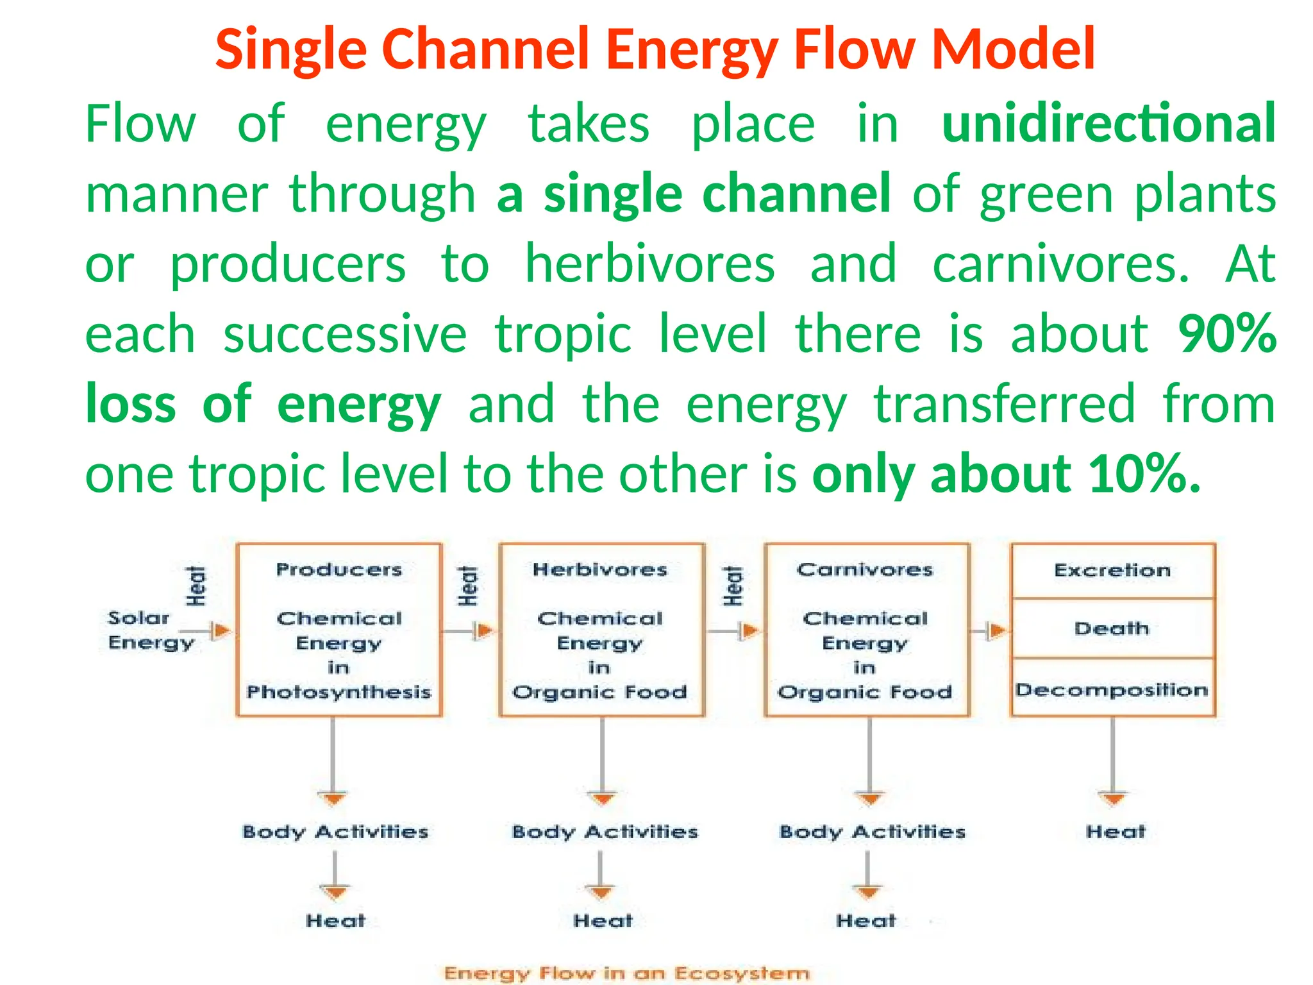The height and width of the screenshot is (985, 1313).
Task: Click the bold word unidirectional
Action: click(1108, 123)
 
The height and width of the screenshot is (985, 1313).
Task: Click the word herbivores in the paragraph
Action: click(649, 264)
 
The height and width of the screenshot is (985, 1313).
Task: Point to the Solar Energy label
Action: click(150, 630)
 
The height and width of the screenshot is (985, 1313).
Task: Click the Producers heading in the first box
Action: click(339, 569)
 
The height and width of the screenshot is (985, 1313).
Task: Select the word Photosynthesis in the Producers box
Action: click(339, 692)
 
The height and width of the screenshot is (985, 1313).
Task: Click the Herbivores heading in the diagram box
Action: click(600, 569)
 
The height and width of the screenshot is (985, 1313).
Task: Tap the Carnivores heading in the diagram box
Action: click(865, 569)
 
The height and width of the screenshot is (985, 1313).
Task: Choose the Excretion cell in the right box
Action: click(1112, 570)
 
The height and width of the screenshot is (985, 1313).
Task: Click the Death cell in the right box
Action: click(1112, 628)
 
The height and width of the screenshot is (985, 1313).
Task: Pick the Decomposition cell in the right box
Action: click(1112, 690)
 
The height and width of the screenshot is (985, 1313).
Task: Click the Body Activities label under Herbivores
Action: click(605, 832)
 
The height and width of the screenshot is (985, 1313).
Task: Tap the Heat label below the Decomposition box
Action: click(1115, 832)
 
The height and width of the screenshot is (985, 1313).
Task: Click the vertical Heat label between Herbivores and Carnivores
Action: click(733, 585)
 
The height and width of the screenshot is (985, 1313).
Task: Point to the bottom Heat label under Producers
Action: click(335, 921)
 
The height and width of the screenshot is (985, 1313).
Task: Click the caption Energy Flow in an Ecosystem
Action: click(626, 973)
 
